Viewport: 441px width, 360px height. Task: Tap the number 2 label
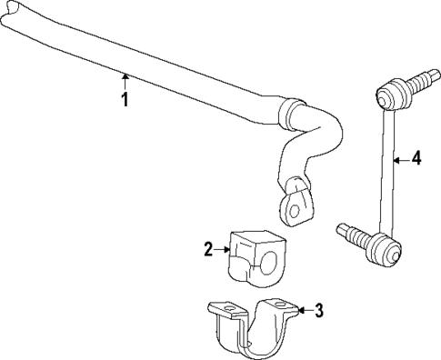208,247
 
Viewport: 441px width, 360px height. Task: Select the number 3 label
318,312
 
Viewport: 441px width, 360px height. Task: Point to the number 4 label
416,158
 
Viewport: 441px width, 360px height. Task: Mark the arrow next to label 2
223,247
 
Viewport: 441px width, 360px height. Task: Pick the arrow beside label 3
303,312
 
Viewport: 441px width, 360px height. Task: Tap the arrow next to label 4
400,158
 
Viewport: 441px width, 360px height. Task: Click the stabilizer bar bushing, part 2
255,256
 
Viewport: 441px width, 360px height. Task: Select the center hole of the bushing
269,265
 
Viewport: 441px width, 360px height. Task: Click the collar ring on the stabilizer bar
288,116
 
